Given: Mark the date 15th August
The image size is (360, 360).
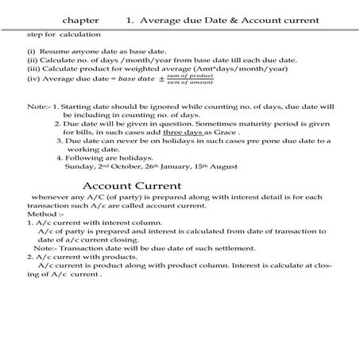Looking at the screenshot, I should point(238,167).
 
